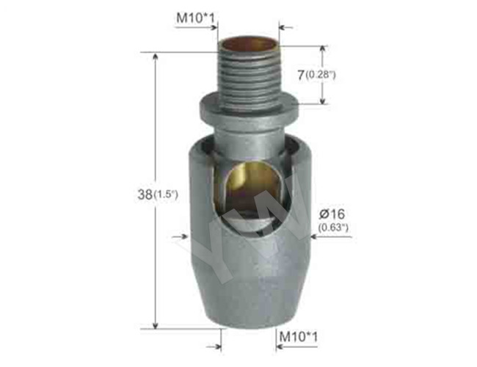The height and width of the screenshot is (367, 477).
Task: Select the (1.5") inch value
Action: click(165, 195)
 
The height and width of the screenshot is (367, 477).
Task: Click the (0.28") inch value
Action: click(321, 75)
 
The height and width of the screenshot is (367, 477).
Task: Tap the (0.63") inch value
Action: click(333, 227)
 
